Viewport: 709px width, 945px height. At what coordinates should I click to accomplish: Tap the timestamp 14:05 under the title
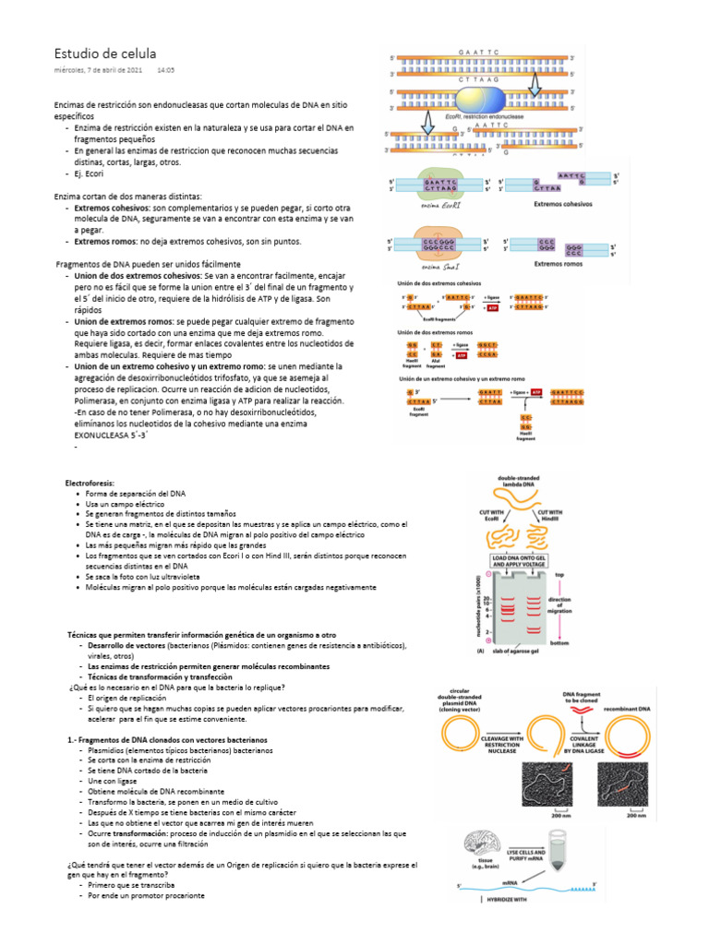(166, 70)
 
